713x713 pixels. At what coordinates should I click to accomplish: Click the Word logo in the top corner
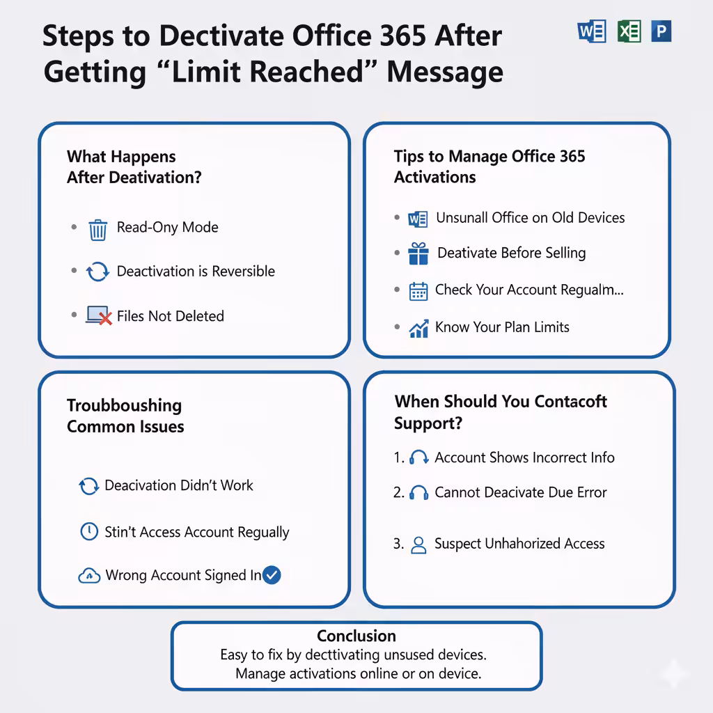click(592, 31)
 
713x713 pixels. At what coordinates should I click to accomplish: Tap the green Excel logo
click(629, 31)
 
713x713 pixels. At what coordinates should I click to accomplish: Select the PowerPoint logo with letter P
click(661, 31)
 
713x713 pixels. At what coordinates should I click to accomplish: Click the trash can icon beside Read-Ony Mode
click(97, 230)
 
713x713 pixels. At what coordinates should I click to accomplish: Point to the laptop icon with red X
click(99, 315)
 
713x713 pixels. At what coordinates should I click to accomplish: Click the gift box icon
click(418, 253)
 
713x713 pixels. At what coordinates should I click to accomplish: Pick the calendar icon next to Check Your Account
click(418, 292)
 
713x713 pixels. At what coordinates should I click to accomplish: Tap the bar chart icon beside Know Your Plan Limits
click(418, 329)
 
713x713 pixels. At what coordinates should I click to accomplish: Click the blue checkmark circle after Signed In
click(272, 575)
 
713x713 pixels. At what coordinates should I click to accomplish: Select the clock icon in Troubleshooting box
click(89, 531)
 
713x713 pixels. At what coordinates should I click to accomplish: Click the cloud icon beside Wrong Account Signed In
click(89, 576)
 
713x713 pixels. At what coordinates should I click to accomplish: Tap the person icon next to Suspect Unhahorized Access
click(418, 544)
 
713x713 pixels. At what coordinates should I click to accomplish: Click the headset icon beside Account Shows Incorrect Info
click(418, 457)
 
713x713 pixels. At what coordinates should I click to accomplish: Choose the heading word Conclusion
click(356, 636)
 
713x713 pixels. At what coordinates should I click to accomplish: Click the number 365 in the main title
click(403, 36)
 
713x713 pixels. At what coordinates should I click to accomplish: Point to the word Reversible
click(243, 272)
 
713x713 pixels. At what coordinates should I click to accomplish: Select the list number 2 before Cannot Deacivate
click(398, 492)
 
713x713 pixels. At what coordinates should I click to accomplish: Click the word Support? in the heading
click(428, 423)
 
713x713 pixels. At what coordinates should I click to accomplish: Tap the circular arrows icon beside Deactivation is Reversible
click(97, 272)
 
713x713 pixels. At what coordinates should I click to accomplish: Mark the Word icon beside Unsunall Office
click(418, 219)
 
